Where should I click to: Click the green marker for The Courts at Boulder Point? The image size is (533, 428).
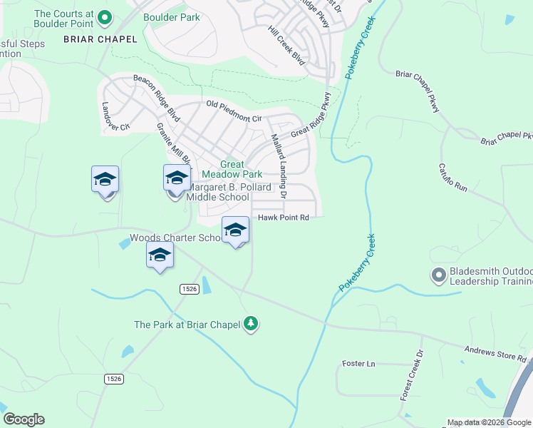(x=105, y=17)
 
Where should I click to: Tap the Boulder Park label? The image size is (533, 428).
(x=171, y=17)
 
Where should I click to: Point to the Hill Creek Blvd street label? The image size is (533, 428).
(x=286, y=47)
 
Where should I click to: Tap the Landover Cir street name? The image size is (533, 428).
(x=115, y=116)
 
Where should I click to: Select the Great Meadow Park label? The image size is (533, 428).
(x=232, y=169)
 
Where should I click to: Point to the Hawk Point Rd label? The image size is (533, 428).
(x=283, y=218)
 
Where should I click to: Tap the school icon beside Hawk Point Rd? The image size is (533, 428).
(x=235, y=230)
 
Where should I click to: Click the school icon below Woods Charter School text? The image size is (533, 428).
(x=160, y=255)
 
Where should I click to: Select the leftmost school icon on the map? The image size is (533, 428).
(x=105, y=180)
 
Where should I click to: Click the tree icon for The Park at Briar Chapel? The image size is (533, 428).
(x=250, y=325)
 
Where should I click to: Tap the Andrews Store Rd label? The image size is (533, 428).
(x=495, y=354)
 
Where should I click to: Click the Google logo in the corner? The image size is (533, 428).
(x=24, y=419)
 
